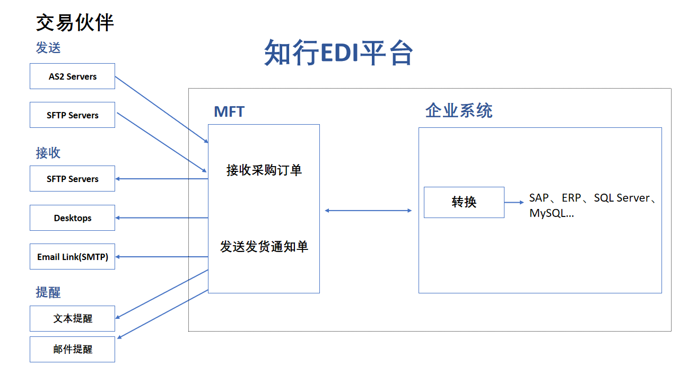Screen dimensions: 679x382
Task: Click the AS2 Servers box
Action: point(73,76)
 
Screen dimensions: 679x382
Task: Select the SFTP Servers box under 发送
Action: point(73,115)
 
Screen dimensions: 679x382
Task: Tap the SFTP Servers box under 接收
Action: point(73,179)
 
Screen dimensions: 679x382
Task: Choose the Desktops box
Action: point(73,218)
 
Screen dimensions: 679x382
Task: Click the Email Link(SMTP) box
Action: point(73,256)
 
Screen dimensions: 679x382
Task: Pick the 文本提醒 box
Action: point(73,318)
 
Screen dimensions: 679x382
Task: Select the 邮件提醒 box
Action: point(73,349)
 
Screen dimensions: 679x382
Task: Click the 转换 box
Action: point(464,202)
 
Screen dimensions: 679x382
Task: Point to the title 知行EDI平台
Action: point(338,53)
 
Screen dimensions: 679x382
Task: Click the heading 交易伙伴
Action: point(75,22)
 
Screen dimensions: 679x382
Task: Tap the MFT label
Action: point(229,111)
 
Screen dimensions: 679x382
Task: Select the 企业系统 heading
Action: point(459,110)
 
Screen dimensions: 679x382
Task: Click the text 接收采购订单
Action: point(264,170)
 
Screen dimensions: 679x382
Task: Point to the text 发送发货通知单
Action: point(264,247)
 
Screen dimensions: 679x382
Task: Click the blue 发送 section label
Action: point(48,48)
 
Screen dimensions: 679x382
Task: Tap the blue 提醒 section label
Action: point(48,292)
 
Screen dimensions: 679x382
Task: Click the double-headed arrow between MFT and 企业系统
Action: point(368,211)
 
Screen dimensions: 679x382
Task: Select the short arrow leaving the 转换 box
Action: point(514,202)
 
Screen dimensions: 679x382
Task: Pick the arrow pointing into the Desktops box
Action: point(162,218)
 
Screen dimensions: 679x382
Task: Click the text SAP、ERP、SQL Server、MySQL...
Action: point(593,205)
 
